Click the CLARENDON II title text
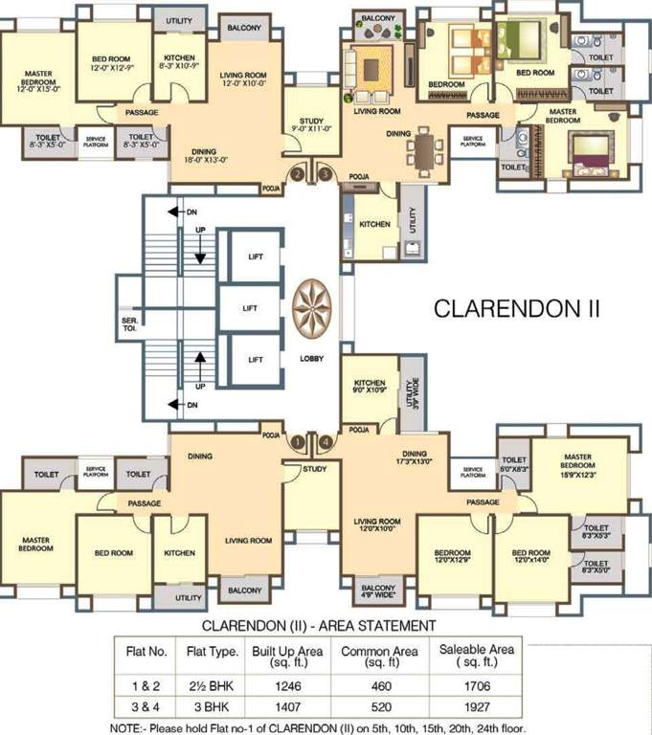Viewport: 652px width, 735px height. (517, 309)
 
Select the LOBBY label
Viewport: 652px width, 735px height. (312, 358)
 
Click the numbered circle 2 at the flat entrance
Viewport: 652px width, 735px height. (298, 174)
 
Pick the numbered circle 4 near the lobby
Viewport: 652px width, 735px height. (326, 441)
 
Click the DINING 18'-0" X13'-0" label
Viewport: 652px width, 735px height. (203, 156)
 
